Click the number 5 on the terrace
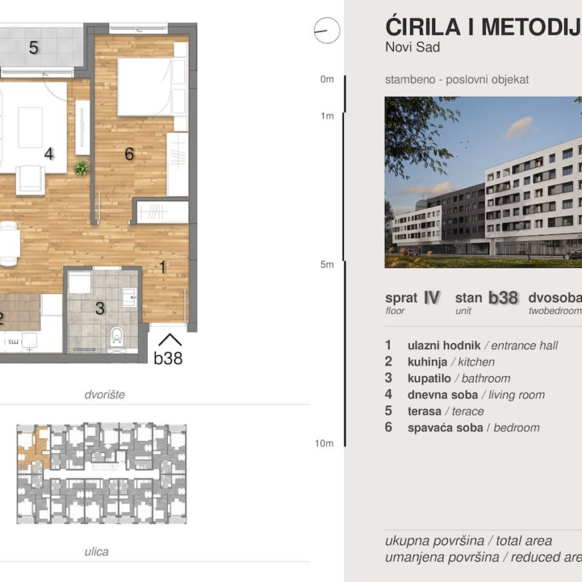tap(34, 48)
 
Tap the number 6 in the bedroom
tap(129, 154)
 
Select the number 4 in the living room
tap(48, 154)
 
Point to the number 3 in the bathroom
tap(99, 308)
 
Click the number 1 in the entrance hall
tap(162, 265)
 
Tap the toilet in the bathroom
tap(116, 338)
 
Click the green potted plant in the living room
tap(81, 169)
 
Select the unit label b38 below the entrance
tap(168, 358)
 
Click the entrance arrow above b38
tap(170, 339)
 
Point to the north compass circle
tap(327, 31)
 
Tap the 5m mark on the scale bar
tap(327, 264)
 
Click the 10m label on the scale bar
tap(324, 443)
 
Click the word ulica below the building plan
tap(97, 552)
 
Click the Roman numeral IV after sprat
tap(431, 297)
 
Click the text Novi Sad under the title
tap(413, 48)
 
